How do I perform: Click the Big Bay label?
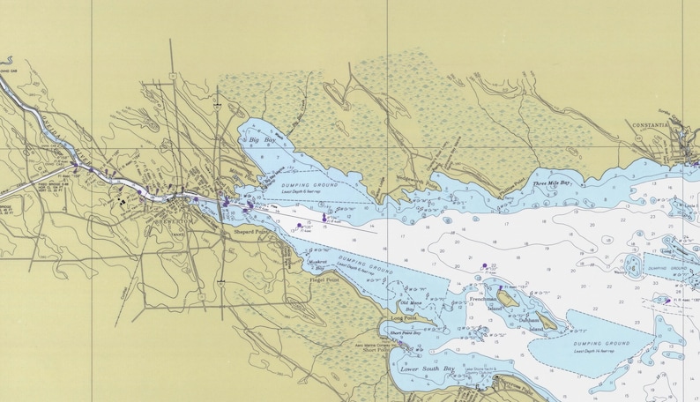point(262,140)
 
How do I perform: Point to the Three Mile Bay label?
point(552,182)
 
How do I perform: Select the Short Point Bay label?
point(405,333)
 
